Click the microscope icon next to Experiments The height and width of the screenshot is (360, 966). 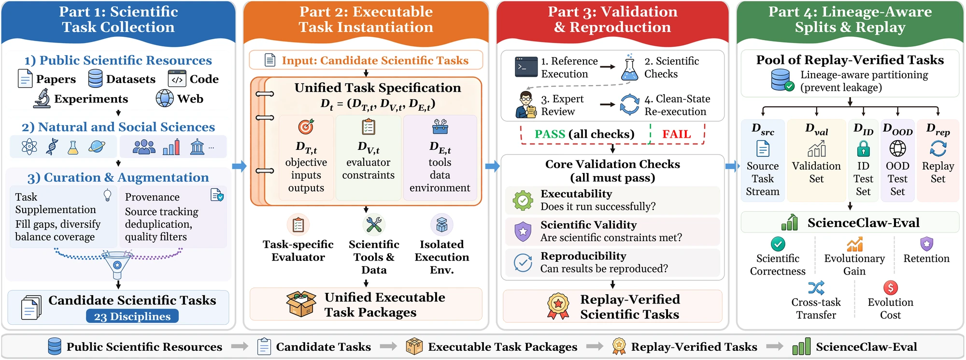point(42,98)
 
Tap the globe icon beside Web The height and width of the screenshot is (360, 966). point(165,98)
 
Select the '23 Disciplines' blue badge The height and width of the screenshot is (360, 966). point(132,317)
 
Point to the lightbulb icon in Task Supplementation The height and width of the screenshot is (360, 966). point(108,195)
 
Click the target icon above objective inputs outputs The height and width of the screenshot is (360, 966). point(306,127)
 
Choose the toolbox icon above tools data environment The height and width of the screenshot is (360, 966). point(440,127)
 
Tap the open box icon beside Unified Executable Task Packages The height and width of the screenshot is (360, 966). point(301,304)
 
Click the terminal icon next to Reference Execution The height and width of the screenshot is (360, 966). point(526,67)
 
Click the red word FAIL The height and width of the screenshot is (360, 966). point(676,134)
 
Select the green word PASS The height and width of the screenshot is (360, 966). point(550,134)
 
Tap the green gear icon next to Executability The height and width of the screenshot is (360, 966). point(523,200)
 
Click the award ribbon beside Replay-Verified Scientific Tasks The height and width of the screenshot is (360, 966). point(558,306)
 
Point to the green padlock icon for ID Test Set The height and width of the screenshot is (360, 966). point(863,148)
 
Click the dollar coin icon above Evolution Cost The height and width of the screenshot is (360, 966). point(891,288)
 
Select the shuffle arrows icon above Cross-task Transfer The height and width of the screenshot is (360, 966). point(816,288)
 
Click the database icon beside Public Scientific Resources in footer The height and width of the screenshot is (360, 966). point(55,346)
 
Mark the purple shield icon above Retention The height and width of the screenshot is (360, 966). point(926,244)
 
